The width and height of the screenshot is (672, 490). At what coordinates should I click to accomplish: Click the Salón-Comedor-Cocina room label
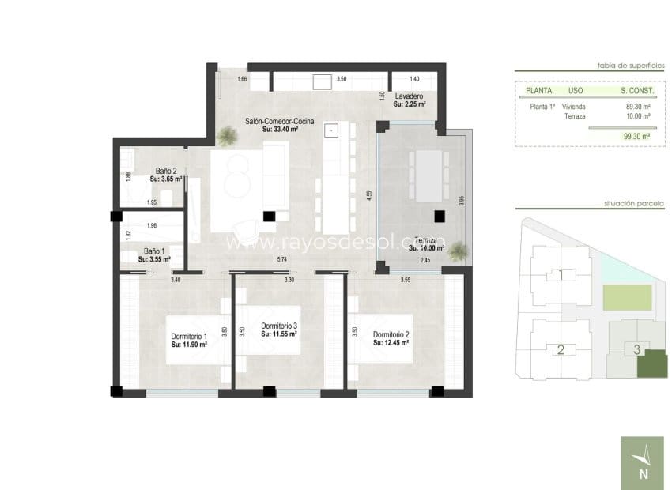279,121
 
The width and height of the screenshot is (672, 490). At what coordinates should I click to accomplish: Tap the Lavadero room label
409,96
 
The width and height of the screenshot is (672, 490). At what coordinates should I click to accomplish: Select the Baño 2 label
165,171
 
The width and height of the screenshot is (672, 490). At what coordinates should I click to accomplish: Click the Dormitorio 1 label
188,337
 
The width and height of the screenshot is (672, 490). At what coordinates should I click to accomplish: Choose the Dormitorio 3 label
278,326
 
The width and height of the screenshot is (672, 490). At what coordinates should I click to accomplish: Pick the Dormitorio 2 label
391,334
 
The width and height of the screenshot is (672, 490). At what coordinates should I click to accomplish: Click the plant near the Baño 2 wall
227,138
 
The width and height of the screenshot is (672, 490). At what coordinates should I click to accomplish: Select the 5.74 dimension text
281,259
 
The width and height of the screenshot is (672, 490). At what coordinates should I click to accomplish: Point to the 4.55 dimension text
368,195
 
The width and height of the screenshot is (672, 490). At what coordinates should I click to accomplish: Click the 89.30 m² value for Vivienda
637,107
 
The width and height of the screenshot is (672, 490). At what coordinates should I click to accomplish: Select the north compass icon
642,462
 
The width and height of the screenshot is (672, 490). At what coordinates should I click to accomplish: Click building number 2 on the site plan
561,349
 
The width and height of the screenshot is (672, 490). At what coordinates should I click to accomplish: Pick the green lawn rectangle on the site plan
628,298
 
